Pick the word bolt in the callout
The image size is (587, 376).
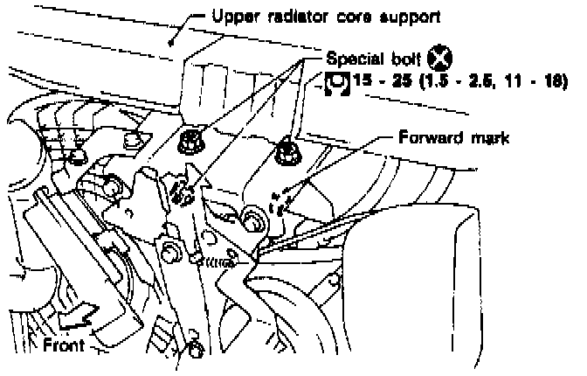click(403, 60)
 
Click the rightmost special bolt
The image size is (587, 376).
click(286, 156)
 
